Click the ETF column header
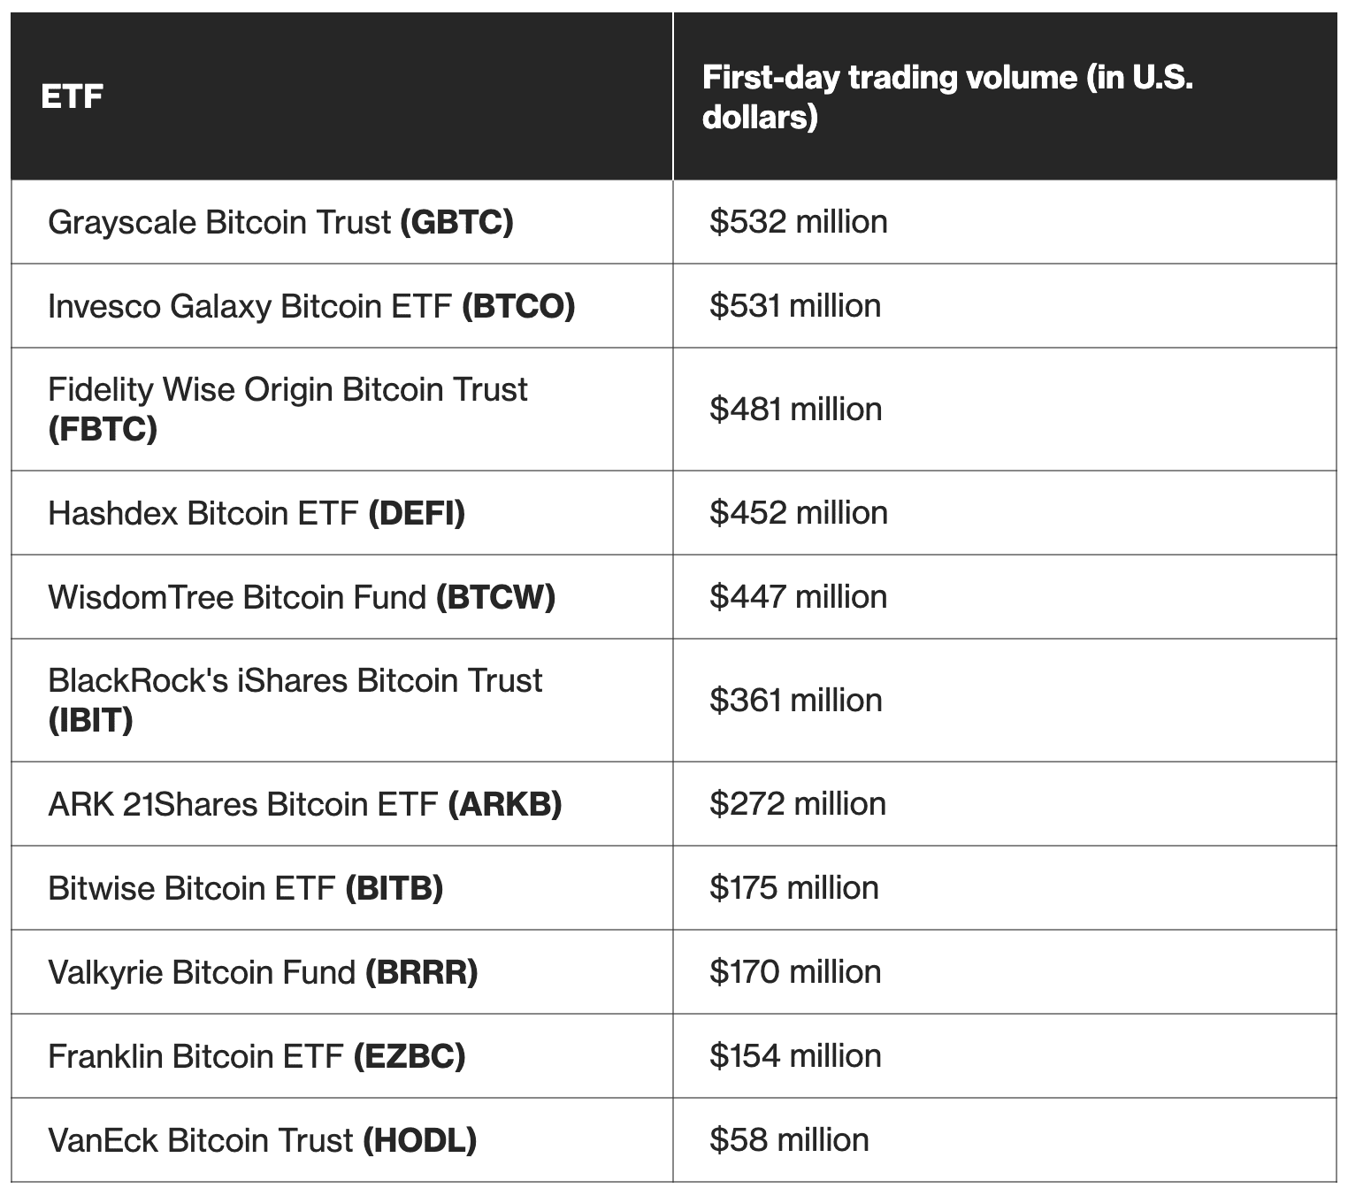[72, 96]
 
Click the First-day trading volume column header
[946, 96]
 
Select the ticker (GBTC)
[456, 222]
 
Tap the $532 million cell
[798, 221]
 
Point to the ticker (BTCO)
[518, 306]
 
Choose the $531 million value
[794, 306]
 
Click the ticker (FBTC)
[103, 429]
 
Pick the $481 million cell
[795, 409]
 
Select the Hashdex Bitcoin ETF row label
[203, 513]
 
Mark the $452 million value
[798, 513]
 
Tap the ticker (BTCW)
[495, 597]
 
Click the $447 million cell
[798, 597]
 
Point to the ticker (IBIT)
[90, 720]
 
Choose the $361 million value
[795, 701]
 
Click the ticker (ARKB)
[505, 804]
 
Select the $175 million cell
[793, 888]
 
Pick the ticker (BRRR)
[421, 972]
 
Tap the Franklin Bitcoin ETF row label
[195, 1056]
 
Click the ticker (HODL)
[420, 1140]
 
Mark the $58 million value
[789, 1140]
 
